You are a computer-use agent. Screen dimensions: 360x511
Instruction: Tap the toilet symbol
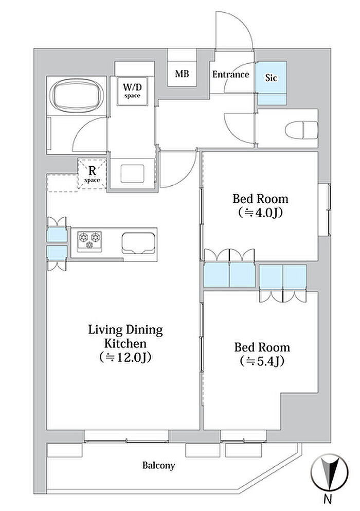(301, 130)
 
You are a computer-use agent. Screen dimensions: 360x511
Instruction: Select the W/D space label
(132, 91)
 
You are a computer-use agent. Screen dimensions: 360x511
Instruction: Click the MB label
(182, 74)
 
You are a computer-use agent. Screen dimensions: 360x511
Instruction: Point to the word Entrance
(231, 75)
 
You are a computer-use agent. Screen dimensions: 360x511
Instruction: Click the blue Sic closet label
(271, 78)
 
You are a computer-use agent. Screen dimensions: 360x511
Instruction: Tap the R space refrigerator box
(92, 174)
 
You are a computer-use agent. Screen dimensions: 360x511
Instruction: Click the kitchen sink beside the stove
(138, 243)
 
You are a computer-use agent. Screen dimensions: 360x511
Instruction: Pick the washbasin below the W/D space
(132, 174)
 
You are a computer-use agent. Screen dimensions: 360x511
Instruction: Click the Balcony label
(158, 465)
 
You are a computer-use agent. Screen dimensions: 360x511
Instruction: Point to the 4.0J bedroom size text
(260, 213)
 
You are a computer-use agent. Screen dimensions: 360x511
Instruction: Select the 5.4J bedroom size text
(262, 361)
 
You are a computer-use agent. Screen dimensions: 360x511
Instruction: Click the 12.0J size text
(125, 358)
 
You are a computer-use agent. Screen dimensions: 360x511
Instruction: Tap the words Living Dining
(125, 330)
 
